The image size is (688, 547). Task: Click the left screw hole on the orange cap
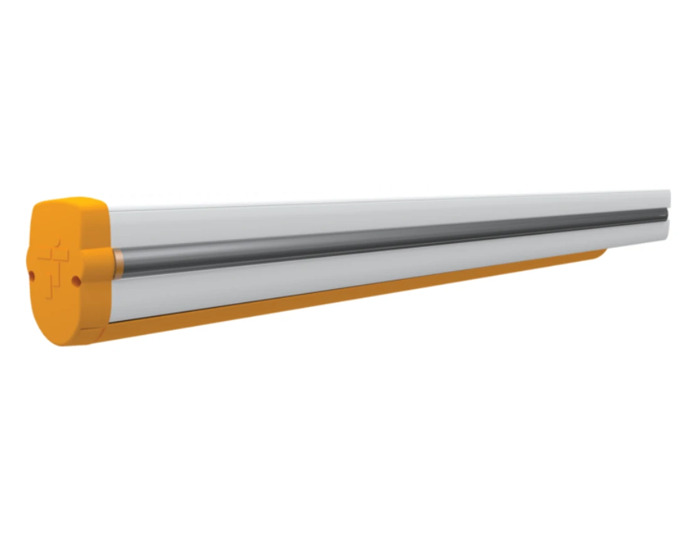coord(31,274)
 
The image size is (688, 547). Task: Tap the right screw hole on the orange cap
coord(76,281)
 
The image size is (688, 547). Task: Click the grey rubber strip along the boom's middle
coord(377,238)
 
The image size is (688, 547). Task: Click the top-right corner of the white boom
coord(669,191)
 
